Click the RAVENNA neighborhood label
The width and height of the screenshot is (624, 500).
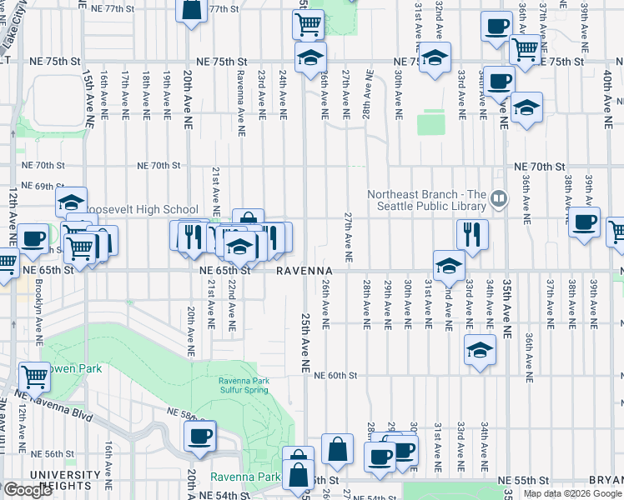click(305, 271)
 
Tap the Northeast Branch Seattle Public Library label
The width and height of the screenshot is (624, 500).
click(426, 200)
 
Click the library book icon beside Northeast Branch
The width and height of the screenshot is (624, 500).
click(498, 198)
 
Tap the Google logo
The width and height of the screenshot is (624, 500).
click(28, 490)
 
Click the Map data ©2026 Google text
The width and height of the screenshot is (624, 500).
click(572, 493)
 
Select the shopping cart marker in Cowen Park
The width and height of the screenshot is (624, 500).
click(34, 377)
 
